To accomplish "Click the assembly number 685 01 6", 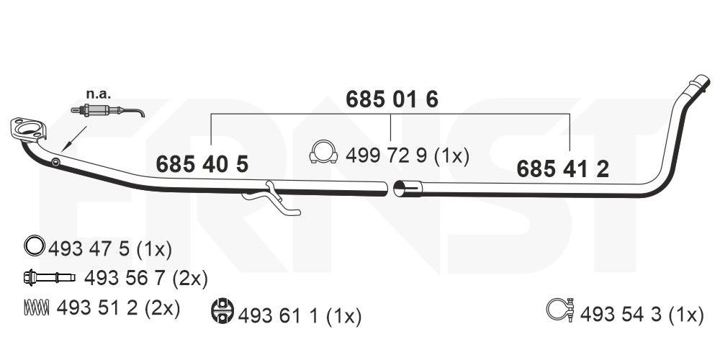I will (392, 99).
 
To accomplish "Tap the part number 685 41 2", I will (563, 169).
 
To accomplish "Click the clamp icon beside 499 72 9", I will (325, 153).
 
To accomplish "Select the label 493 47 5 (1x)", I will (110, 250).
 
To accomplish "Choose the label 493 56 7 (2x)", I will (145, 278).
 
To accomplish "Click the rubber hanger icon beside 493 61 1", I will (223, 311).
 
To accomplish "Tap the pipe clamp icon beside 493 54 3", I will (560, 310).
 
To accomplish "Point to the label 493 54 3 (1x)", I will (641, 314).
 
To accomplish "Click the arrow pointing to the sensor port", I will (73, 138).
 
